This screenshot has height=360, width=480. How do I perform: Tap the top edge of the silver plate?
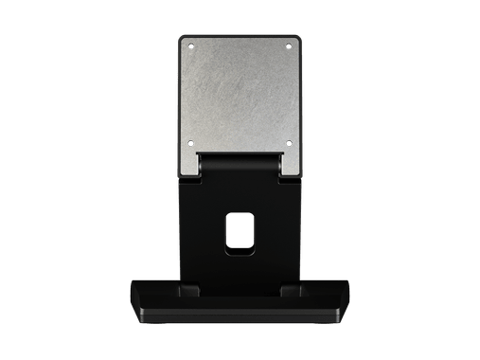click(x=240, y=36)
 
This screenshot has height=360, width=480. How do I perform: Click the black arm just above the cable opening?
click(x=240, y=204)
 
